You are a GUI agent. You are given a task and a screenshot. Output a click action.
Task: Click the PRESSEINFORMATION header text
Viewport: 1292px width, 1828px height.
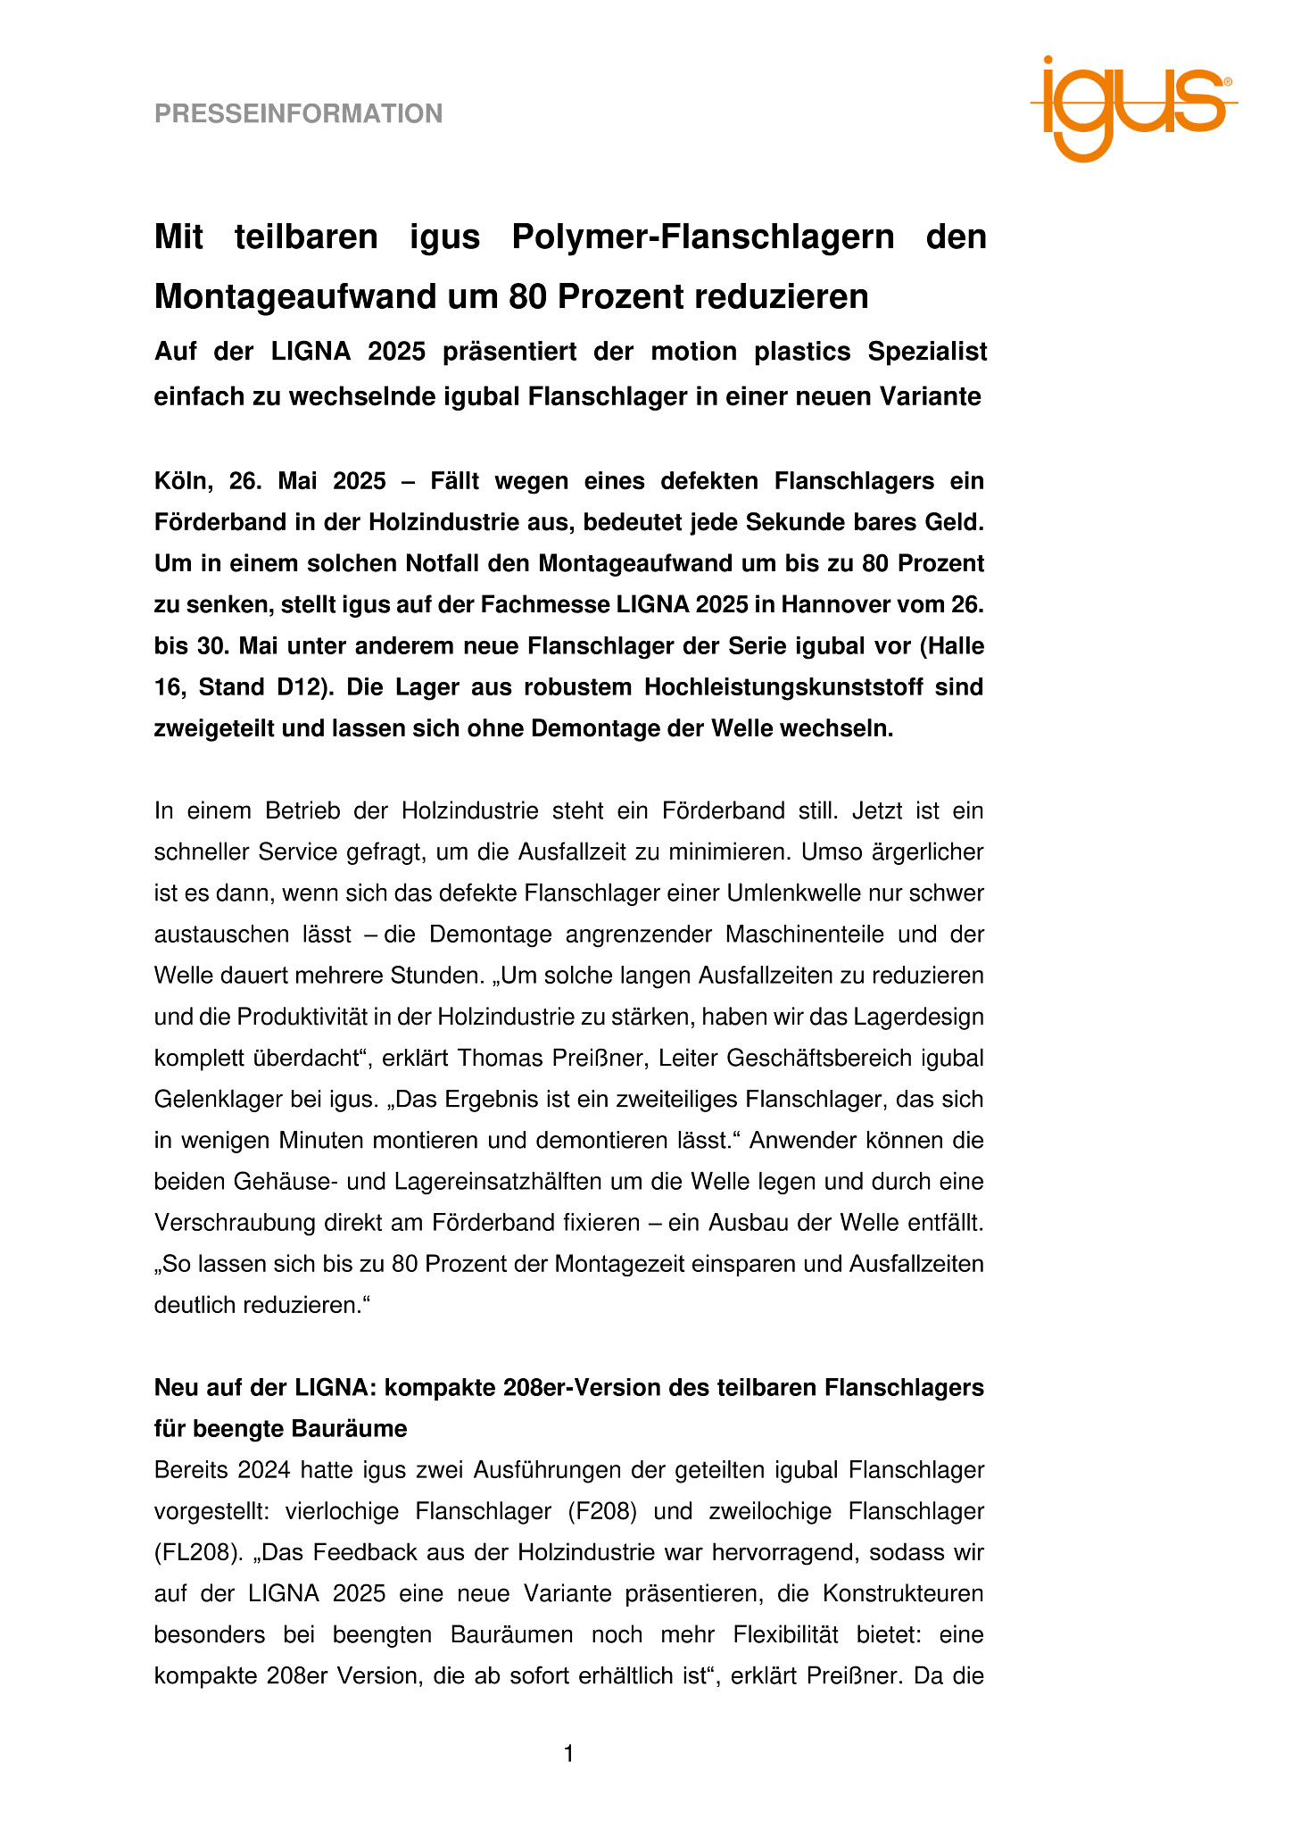(298, 114)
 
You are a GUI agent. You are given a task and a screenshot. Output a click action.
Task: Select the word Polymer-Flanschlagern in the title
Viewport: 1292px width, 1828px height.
(703, 237)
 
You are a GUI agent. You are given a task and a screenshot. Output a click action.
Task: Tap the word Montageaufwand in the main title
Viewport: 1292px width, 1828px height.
(294, 296)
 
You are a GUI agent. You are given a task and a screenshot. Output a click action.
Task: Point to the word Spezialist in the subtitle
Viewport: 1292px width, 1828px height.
(927, 352)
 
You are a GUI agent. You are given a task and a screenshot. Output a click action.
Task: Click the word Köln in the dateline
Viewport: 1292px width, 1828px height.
(182, 482)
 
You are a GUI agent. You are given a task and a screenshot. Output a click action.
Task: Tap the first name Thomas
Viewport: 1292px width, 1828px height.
(496, 1058)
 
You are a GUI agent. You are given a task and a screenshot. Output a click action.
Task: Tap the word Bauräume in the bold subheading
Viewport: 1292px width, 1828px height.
(352, 1429)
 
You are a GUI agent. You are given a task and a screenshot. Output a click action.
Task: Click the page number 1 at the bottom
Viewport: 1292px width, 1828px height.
(569, 1755)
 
